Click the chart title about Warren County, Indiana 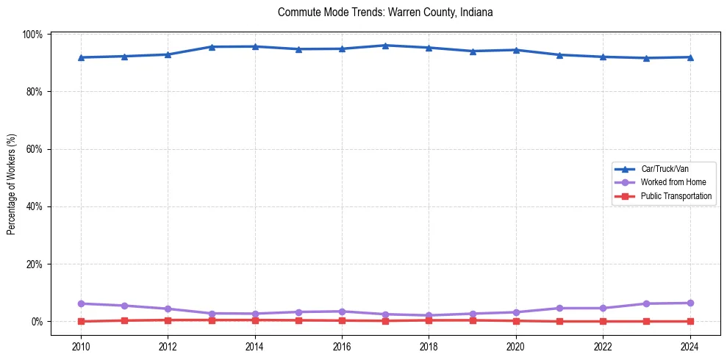385,12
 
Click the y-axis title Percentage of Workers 12,184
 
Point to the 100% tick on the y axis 33,35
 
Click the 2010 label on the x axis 81,347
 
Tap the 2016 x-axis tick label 342,347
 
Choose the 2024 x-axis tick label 690,347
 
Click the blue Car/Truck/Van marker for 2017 385,46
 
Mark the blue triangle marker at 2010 81,57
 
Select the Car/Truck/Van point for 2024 690,57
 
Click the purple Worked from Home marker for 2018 429,315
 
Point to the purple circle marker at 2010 81,303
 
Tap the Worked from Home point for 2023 646,303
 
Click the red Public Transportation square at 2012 168,320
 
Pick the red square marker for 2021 559,321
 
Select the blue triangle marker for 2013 211,47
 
